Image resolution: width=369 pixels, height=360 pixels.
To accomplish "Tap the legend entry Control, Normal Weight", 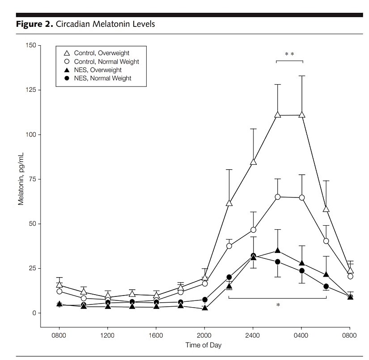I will pyautogui.click(x=106, y=61).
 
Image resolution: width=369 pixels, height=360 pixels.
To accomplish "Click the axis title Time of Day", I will pyautogui.click(x=204, y=345).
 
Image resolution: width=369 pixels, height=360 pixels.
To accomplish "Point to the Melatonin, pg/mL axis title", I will pyautogui.click(x=21, y=179).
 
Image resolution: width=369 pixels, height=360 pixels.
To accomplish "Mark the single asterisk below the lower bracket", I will pyautogui.click(x=278, y=305).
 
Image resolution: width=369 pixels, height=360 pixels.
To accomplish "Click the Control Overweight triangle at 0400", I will pyautogui.click(x=301, y=115).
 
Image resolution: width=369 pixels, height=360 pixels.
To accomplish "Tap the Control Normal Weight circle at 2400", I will pyautogui.click(x=253, y=230).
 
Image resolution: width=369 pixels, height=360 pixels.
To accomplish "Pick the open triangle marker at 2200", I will pyautogui.click(x=229, y=203).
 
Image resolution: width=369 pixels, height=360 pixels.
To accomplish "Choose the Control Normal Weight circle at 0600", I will pyautogui.click(x=326, y=241).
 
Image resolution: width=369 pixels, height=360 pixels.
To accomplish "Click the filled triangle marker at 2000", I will pyautogui.click(x=205, y=308).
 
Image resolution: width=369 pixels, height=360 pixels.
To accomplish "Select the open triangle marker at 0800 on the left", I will pyautogui.click(x=59, y=284).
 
